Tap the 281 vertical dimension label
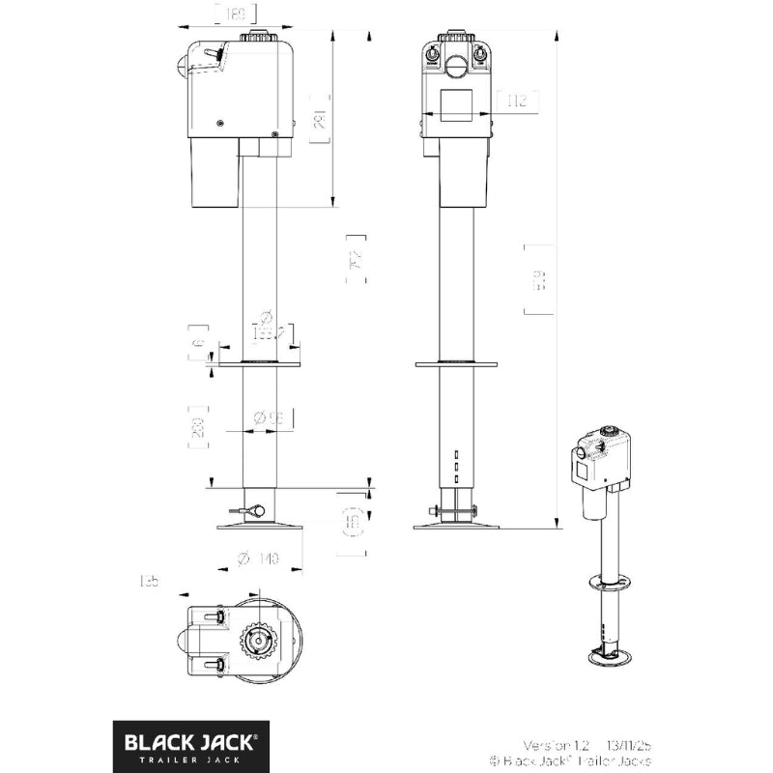point(321,119)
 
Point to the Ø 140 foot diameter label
point(257,558)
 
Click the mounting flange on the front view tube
point(456,364)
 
